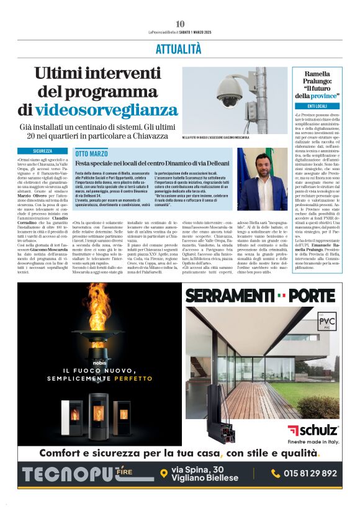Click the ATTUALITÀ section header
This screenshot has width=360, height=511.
180,48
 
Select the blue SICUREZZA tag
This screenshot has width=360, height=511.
43,151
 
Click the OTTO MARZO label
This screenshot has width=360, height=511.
91,153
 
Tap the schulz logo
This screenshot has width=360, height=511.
313,430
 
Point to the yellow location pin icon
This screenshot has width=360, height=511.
163,474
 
